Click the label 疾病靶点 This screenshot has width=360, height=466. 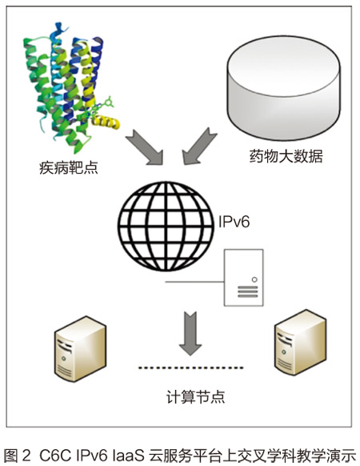coord(69,168)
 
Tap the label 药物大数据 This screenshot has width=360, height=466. coord(286,156)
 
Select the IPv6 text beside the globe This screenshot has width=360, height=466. coord(234,222)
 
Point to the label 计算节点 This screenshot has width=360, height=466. coord(196,397)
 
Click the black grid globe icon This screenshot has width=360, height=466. coord(166,226)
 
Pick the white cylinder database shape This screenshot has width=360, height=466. coord(284,87)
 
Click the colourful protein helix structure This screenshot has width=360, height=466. coord(71,86)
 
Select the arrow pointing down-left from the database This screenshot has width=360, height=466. coord(198,147)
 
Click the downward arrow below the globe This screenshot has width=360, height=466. coord(190,333)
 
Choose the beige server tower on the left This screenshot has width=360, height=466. coord(80,348)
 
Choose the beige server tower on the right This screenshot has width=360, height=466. coord(300,343)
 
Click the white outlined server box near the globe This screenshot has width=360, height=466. coord(243,278)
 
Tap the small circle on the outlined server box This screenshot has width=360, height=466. coord(254,279)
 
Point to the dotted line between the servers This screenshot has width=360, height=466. coord(191,368)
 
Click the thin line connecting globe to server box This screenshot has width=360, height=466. coord(194,282)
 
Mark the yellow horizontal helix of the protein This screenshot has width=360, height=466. coord(106,122)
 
